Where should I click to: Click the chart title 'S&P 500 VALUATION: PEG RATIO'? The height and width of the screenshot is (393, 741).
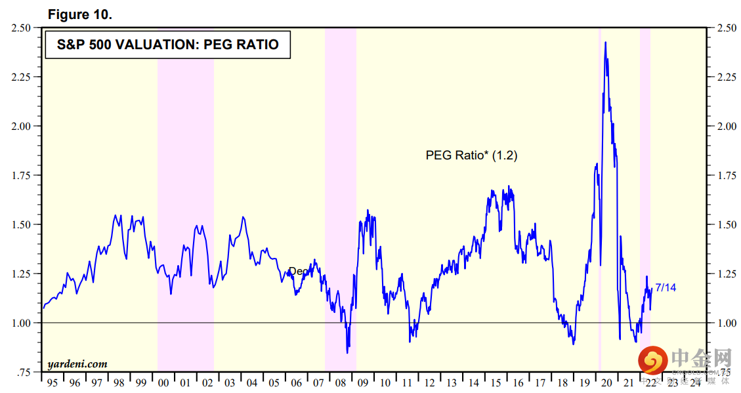[167, 45]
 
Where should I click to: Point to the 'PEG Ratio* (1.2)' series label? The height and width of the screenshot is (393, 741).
[472, 155]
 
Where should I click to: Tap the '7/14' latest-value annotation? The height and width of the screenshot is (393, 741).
[666, 288]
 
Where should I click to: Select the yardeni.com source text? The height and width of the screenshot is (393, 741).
[77, 363]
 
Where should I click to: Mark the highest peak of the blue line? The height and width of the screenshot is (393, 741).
[605, 43]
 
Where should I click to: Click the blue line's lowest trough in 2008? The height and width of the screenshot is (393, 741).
[347, 352]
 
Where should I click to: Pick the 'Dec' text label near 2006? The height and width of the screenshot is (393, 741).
[297, 271]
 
